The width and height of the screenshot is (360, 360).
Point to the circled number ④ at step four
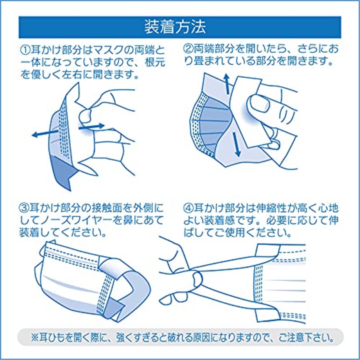coord(188,208)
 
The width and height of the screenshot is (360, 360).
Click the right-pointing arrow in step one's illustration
coord(92,127)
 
